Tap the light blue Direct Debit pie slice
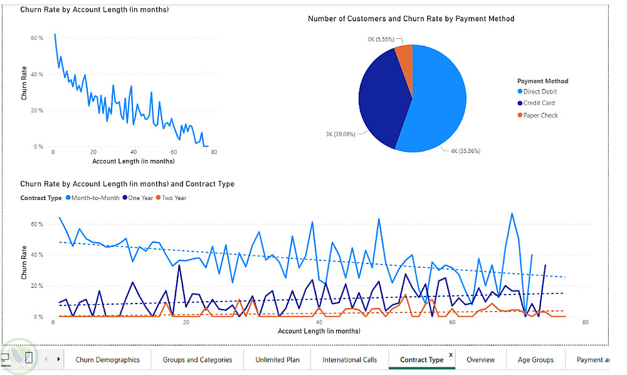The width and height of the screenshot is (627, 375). point(439,103)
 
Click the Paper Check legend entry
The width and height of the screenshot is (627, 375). point(540,115)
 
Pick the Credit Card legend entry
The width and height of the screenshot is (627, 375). point(539,103)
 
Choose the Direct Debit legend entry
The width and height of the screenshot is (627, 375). point(540,92)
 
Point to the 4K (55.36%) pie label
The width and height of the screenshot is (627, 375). point(465,151)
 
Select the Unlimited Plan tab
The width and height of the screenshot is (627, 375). point(277,359)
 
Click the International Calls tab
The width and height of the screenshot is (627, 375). point(350,359)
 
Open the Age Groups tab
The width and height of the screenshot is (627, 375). point(535,359)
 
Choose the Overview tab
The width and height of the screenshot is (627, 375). point(480,359)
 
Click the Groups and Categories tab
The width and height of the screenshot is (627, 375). point(198,359)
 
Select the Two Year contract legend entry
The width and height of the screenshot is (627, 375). point(173,198)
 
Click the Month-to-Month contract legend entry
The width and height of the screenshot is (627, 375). point(94,198)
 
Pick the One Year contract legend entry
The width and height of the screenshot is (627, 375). point(139,198)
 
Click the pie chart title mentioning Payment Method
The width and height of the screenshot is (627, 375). point(411,19)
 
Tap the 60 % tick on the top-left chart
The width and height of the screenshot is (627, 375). point(36,38)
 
